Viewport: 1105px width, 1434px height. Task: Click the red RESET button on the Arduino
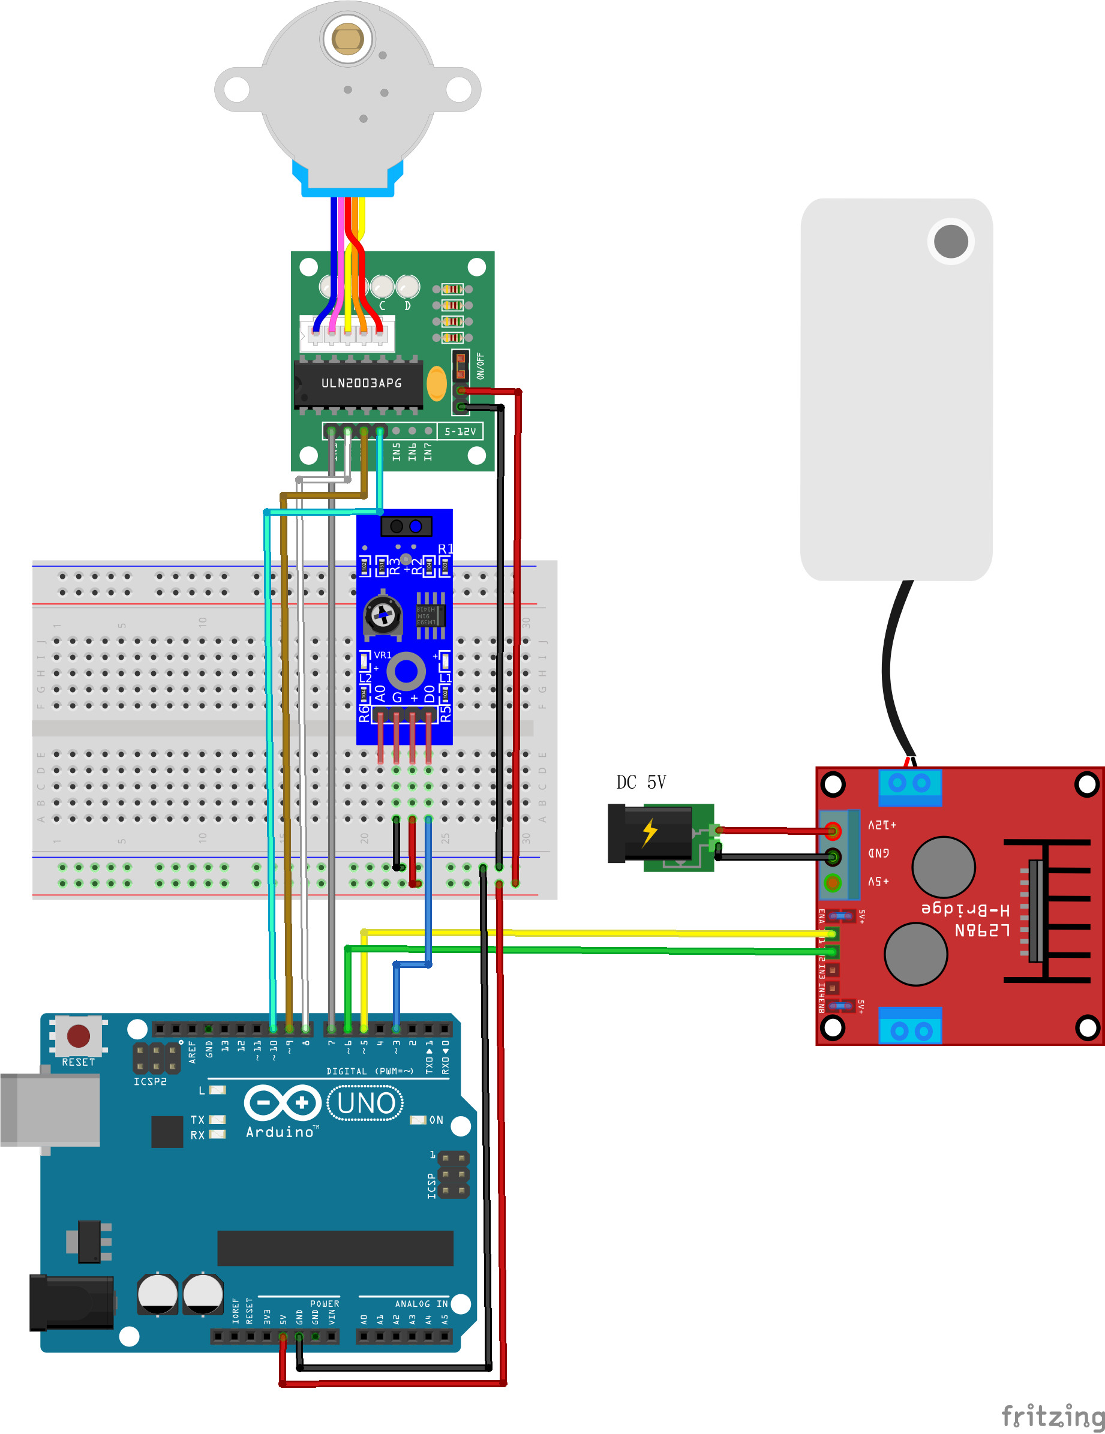tap(78, 1037)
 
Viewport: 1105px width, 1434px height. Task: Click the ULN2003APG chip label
tap(361, 383)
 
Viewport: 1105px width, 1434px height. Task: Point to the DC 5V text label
tap(641, 782)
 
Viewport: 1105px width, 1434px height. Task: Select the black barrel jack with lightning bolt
tap(650, 833)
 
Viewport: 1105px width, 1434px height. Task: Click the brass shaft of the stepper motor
tap(347, 38)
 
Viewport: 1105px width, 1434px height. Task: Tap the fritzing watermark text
tap(1052, 1416)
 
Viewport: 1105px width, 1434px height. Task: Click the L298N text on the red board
tap(981, 930)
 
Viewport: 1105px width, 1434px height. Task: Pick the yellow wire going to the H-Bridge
tap(591, 933)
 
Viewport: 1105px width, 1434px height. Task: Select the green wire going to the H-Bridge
tap(591, 949)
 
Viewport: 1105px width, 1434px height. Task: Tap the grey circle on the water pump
tap(951, 241)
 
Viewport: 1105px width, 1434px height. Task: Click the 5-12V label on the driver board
tap(460, 431)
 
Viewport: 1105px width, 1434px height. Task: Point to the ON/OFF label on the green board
tap(481, 366)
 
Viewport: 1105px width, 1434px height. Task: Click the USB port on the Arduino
tap(50, 1110)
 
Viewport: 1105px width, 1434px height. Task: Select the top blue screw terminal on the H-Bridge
tap(910, 786)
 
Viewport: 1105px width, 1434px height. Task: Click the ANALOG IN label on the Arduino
tap(421, 1304)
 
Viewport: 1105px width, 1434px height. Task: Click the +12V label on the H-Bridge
tap(882, 825)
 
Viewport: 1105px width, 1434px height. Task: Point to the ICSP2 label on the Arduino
tap(150, 1081)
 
